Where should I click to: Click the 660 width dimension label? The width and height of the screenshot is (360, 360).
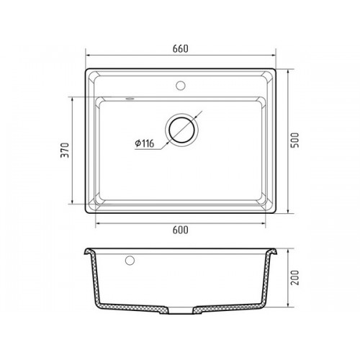pos(181,49)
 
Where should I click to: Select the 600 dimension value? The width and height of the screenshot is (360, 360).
pos(181,230)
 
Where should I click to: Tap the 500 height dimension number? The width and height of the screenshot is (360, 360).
pos(295,140)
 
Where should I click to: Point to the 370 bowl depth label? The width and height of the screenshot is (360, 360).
pos(65,150)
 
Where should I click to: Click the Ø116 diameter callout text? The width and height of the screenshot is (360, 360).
pos(145,143)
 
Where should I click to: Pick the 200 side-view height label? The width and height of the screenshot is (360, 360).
pos(295,278)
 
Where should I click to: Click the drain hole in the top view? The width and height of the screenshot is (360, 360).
pos(181,130)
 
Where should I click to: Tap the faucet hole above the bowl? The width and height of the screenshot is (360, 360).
pos(181,86)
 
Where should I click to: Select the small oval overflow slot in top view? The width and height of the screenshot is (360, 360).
pos(130,99)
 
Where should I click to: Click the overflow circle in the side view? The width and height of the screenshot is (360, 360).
pos(130,261)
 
